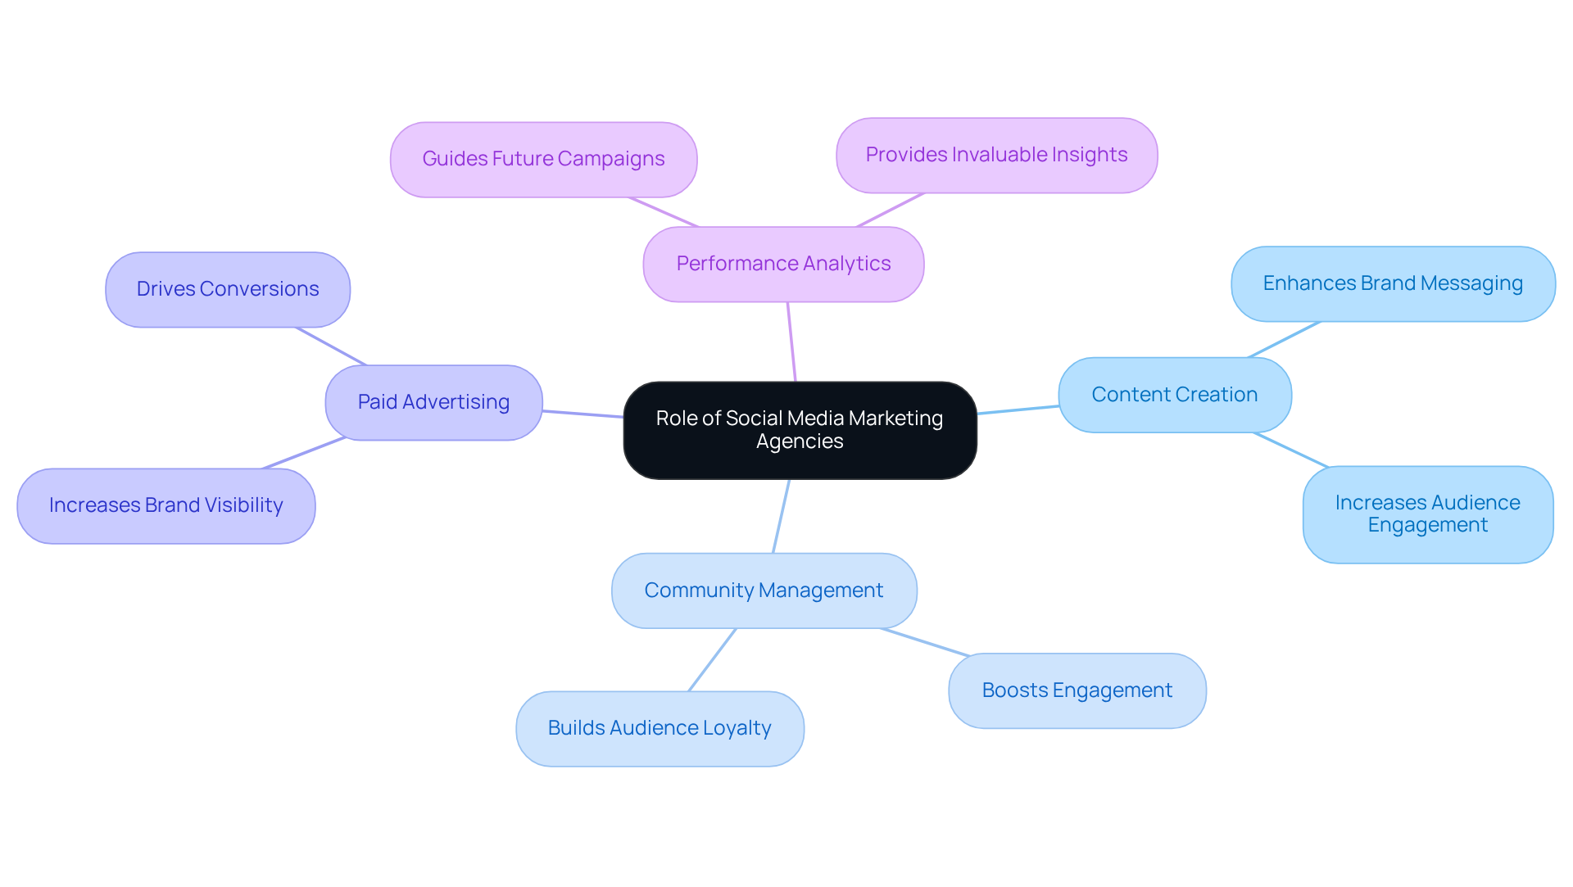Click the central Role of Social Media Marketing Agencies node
[x=800, y=429]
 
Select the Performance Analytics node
[x=783, y=264]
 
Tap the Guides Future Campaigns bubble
[x=543, y=159]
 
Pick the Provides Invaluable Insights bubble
[x=996, y=155]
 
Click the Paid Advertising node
[x=433, y=402]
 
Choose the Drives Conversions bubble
[x=228, y=289]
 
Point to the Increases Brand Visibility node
[x=165, y=505]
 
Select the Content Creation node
[x=1174, y=395]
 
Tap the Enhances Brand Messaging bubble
[x=1392, y=283]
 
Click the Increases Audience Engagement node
[x=1427, y=514]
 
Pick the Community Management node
[x=764, y=591]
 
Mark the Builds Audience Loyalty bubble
[x=660, y=728]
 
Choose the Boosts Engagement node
[x=1077, y=690]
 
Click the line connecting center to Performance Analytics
[x=791, y=342]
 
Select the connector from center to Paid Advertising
[x=583, y=414]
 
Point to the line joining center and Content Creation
[x=1018, y=410]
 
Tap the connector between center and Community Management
[x=781, y=516]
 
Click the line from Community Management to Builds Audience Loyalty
[x=712, y=660]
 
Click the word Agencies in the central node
[x=800, y=441]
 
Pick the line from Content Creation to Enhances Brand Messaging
[x=1284, y=340]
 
